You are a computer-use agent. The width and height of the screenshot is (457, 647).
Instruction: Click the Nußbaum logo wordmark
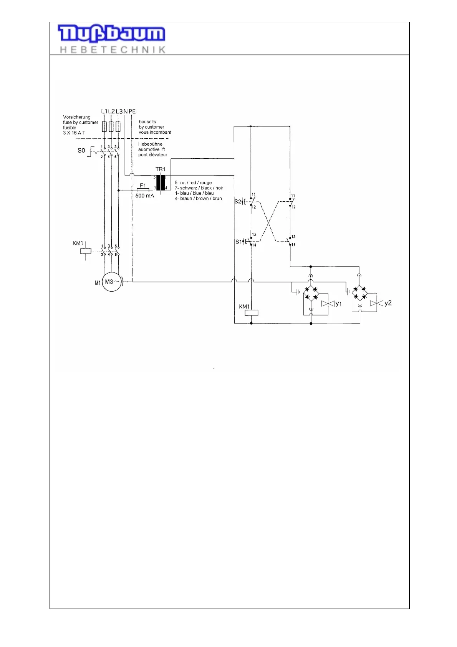tap(111, 34)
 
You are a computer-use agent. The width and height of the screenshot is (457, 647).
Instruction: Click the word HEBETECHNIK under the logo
tap(113, 50)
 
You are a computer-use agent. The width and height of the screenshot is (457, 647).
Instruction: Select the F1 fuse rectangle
tap(143, 190)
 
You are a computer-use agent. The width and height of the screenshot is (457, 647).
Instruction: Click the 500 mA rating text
tap(145, 196)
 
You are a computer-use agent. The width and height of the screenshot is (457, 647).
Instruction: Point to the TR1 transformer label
tap(160, 169)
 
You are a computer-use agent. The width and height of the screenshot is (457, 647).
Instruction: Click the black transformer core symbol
tap(161, 182)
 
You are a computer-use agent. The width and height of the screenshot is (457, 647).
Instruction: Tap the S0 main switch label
tap(81, 150)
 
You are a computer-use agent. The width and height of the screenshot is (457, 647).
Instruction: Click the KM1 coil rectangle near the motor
tap(86, 251)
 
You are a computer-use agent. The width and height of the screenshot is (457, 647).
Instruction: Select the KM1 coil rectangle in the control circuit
tap(251, 313)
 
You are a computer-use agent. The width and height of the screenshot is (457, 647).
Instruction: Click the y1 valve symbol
tap(328, 304)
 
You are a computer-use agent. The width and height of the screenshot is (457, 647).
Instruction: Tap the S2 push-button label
tap(237, 201)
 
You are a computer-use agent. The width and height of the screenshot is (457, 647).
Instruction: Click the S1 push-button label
tap(238, 242)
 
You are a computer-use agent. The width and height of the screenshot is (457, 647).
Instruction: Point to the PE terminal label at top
tap(132, 111)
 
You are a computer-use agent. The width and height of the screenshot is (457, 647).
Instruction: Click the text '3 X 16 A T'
tap(74, 133)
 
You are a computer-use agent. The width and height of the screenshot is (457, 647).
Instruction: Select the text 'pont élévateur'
tap(153, 155)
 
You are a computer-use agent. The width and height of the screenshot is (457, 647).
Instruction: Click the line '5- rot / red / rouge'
tap(193, 182)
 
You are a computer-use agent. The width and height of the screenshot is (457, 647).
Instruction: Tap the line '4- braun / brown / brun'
tap(198, 199)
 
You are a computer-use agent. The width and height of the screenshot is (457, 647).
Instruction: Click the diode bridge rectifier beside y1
tap(311, 293)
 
